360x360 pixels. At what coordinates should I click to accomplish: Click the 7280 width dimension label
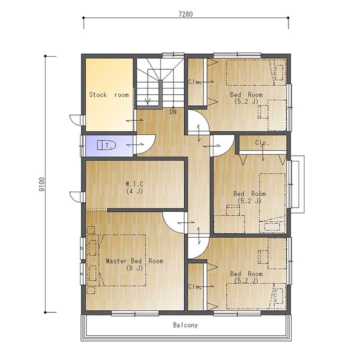185,14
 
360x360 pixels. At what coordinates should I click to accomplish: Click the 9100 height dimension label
42,184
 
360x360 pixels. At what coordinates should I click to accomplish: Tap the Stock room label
109,95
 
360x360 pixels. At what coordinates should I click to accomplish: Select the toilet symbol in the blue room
106,145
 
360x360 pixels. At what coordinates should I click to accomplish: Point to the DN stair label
173,112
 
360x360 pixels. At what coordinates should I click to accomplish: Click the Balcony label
185,325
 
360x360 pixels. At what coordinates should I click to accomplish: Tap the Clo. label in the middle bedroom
262,142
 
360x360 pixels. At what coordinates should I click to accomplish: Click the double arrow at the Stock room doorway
134,120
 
